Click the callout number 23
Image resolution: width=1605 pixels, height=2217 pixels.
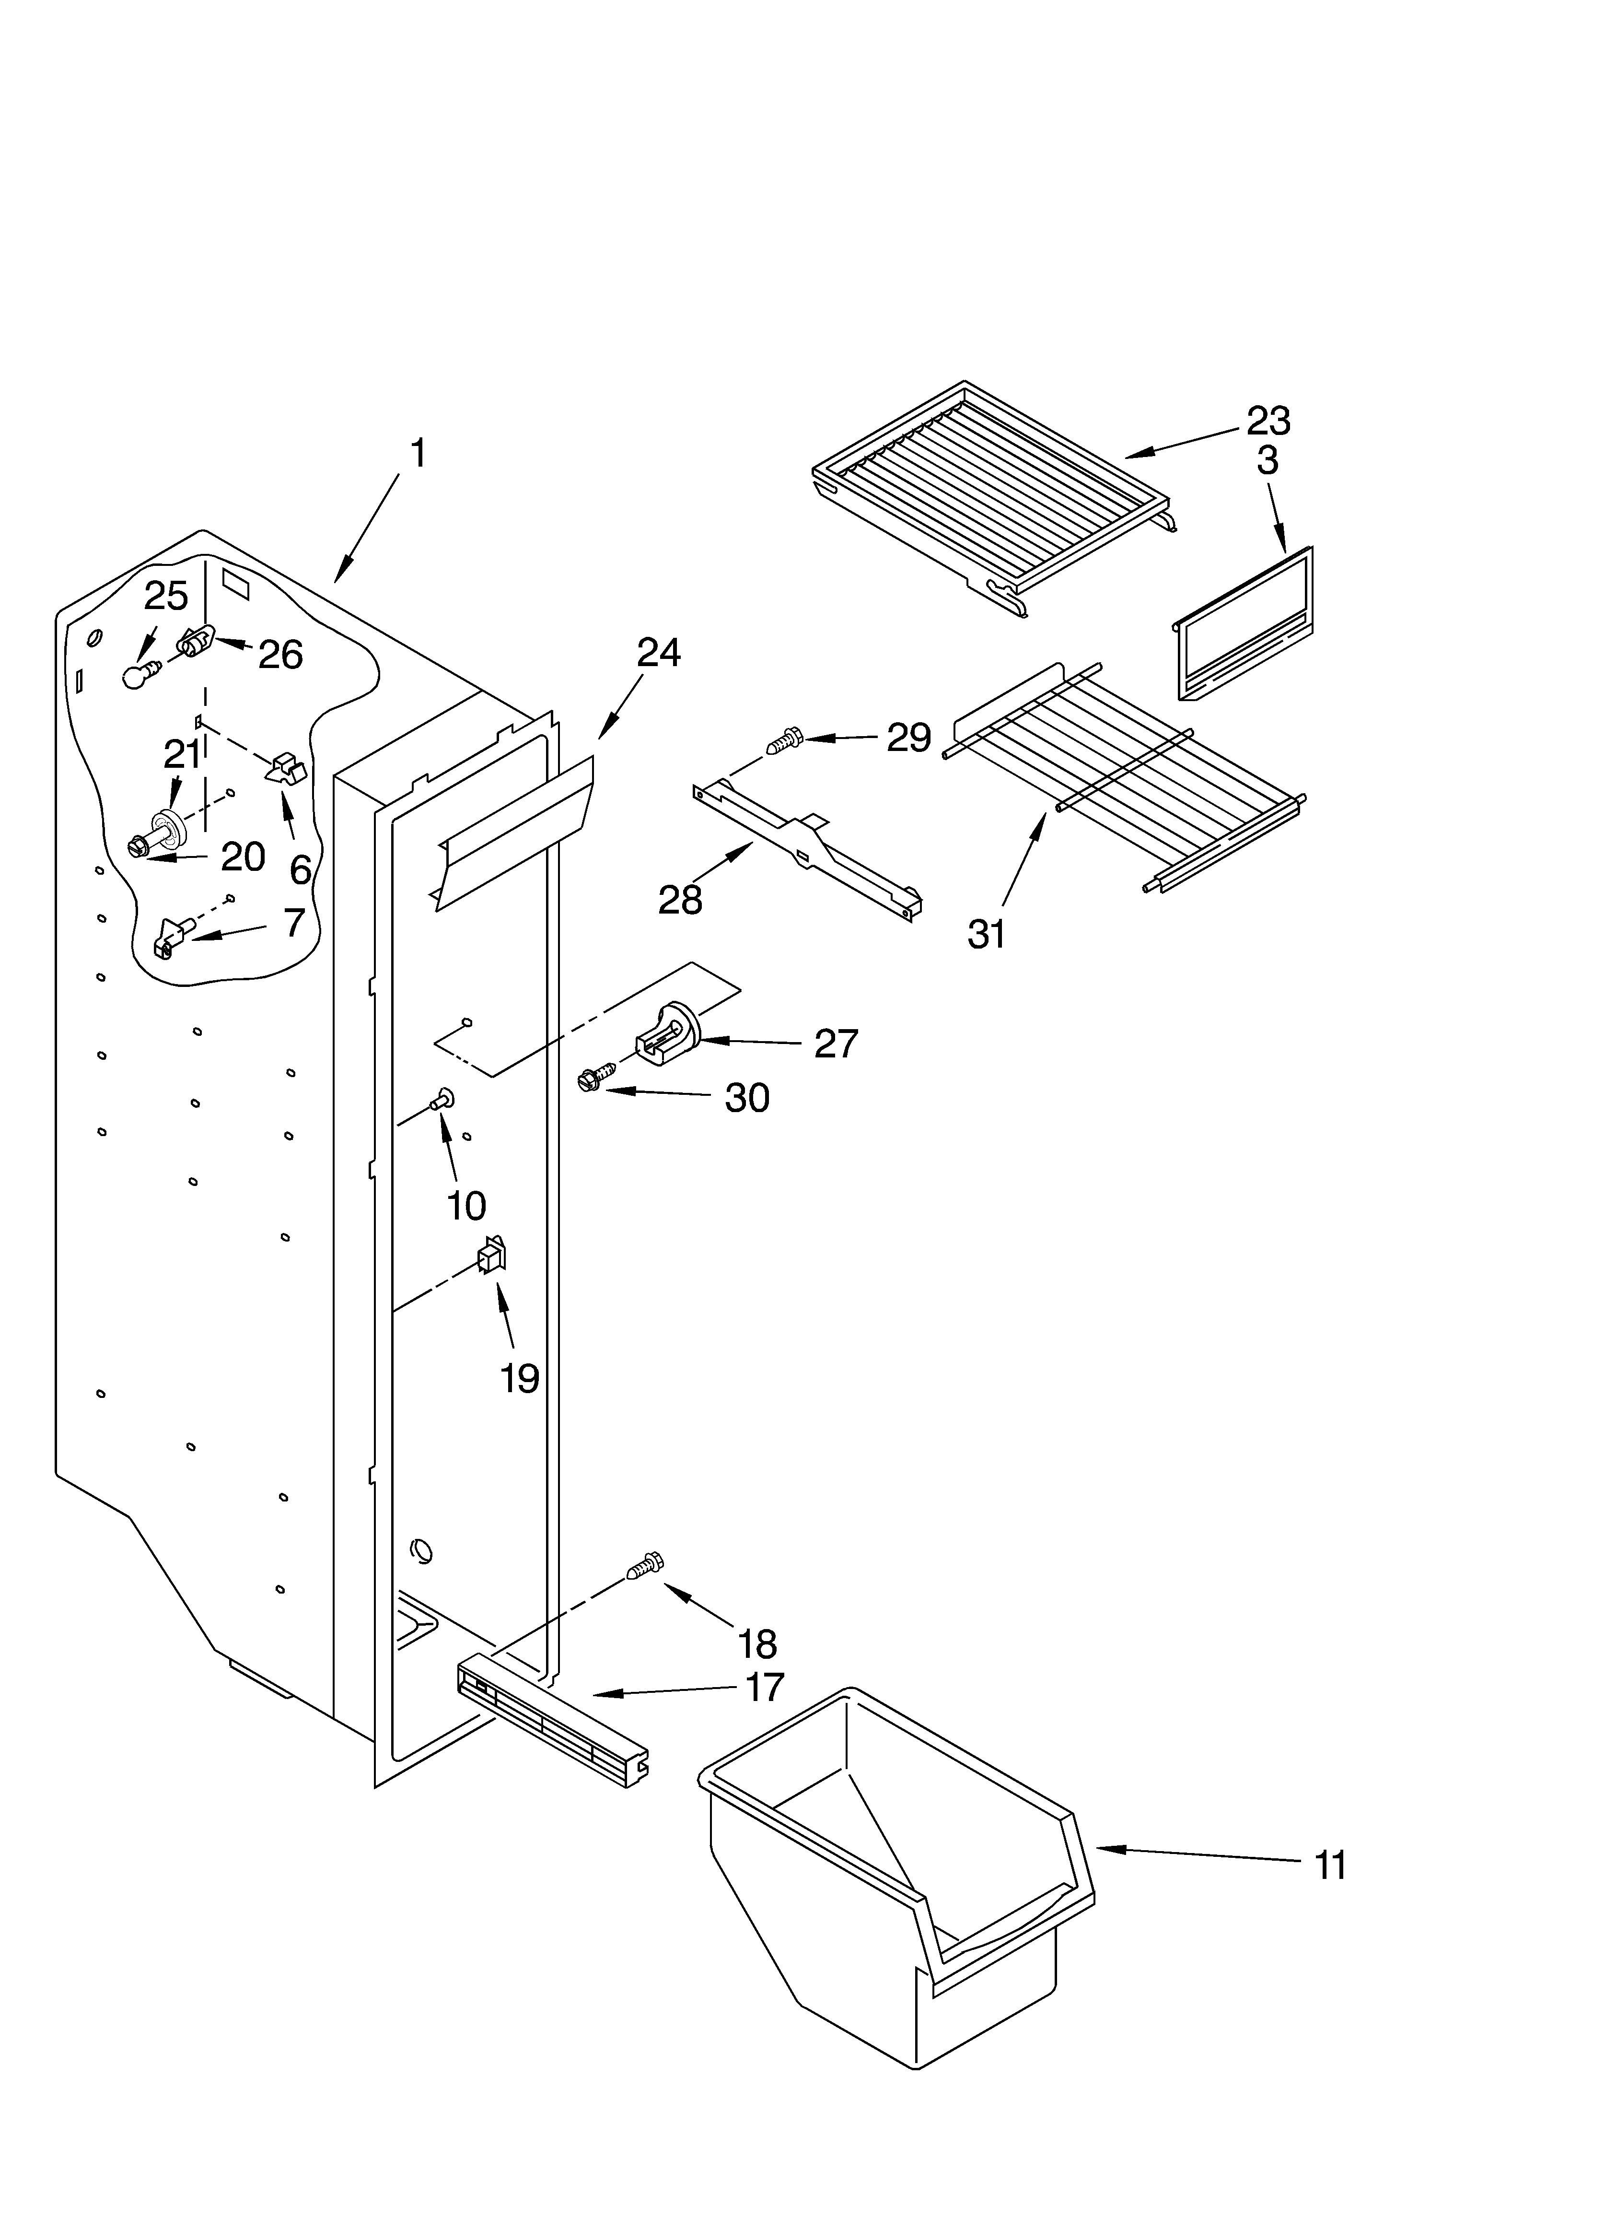[1268, 422]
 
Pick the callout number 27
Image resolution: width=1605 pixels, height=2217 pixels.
[836, 1044]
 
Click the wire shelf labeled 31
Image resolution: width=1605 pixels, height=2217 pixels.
[1124, 772]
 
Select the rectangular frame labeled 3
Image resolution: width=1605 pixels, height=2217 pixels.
[1244, 626]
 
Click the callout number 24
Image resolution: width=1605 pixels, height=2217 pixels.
[659, 653]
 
